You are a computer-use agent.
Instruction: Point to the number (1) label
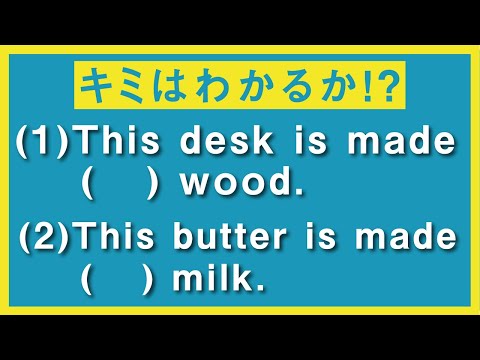45,144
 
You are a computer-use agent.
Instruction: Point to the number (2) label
45,240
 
